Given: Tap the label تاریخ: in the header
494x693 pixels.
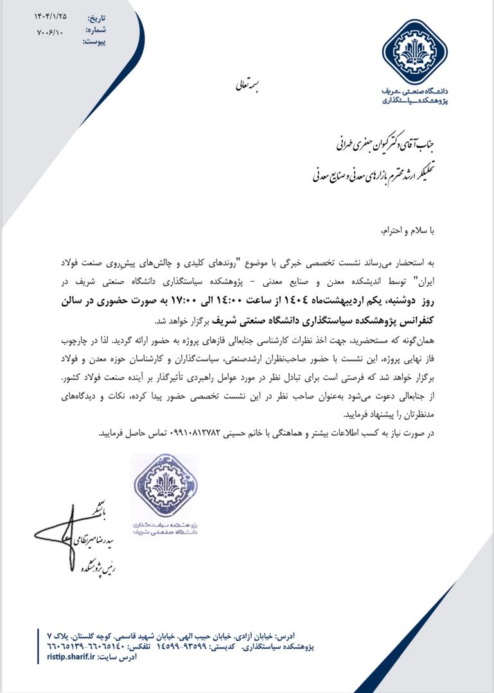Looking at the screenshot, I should [96, 18].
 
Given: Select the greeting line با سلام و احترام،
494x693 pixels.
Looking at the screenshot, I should [406, 229].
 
